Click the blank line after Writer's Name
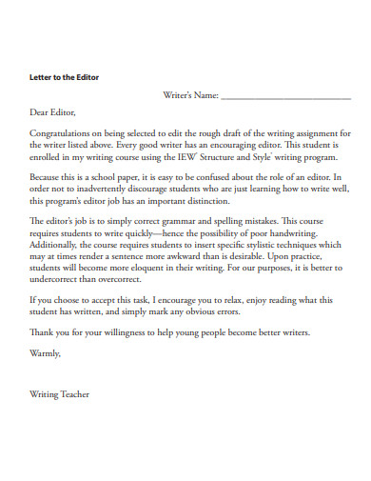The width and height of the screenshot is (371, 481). (285, 97)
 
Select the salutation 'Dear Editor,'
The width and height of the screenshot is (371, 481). (52, 112)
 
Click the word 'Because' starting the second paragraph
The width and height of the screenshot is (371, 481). (47, 178)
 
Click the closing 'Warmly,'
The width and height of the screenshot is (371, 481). (46, 353)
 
